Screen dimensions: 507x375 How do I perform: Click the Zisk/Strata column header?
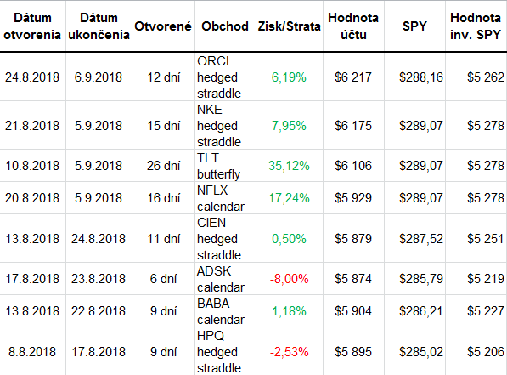click(289, 26)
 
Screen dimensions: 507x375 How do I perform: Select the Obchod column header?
click(225, 26)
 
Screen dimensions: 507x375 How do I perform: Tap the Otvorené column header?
click(163, 26)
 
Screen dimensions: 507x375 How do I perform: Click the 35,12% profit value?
click(289, 166)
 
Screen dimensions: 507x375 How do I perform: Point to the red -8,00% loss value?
click(289, 279)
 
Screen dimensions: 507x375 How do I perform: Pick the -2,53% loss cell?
click(289, 352)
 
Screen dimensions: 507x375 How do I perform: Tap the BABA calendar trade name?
click(221, 311)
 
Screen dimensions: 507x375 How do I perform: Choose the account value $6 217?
click(353, 77)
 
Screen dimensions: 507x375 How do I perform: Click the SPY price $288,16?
click(420, 77)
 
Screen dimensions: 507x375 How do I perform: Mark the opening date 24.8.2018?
click(32, 77)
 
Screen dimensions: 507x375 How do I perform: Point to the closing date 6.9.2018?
click(99, 77)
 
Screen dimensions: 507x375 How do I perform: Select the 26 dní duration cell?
click(163, 166)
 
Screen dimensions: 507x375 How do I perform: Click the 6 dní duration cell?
click(163, 279)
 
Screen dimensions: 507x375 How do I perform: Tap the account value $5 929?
click(353, 198)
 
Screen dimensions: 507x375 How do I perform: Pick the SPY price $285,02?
click(420, 352)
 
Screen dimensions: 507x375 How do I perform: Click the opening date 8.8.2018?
click(32, 352)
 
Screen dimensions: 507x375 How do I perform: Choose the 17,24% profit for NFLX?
click(289, 198)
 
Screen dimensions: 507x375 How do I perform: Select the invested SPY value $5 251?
click(485, 239)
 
